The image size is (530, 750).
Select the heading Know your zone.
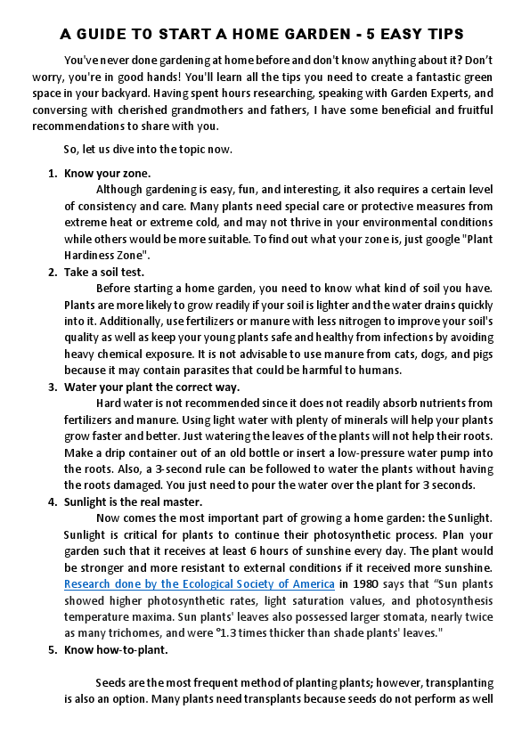click(107, 173)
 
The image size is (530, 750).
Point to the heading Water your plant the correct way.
click(151, 387)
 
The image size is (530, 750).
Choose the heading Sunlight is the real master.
click(133, 501)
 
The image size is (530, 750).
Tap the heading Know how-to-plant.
click(116, 649)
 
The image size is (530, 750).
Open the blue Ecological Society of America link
click(199, 584)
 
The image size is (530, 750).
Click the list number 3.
click(52, 387)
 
